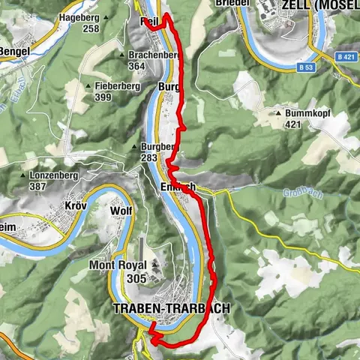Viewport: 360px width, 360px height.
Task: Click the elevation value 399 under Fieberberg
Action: click(103, 97)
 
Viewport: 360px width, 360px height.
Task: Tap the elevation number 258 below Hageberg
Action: click(91, 28)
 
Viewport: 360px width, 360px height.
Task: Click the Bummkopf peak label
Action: click(307, 114)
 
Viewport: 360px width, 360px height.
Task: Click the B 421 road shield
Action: click(345, 57)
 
